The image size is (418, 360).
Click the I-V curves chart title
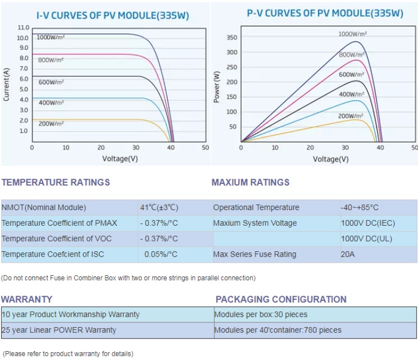(112, 16)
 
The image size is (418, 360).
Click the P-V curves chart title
(324, 14)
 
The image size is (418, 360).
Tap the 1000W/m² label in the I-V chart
(51, 37)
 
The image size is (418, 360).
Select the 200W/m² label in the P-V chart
(351, 116)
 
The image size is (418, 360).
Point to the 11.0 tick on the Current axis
(23, 27)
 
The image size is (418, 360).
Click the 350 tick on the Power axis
(232, 38)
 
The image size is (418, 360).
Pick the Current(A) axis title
(7, 84)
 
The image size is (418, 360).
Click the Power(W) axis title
(217, 86)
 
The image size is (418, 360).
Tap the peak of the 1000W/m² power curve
(356, 41)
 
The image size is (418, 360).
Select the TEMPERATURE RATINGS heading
(55, 182)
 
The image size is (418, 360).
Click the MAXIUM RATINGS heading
(250, 182)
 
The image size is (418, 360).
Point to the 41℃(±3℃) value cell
(159, 207)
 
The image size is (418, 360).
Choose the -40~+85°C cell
(359, 207)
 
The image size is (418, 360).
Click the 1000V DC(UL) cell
(367, 239)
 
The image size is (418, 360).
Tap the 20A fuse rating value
(347, 254)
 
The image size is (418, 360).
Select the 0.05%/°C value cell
(161, 254)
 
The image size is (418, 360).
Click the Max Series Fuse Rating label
(254, 254)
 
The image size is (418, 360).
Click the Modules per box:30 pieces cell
(261, 315)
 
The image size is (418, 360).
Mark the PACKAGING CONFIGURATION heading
(281, 299)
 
